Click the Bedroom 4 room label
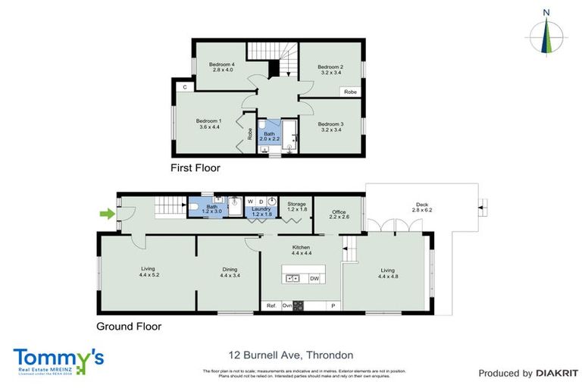coord(222,67)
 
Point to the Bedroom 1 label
coord(208,124)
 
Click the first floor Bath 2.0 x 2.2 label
coord(270,136)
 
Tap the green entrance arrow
coord(109,214)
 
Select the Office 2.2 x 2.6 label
coord(338,214)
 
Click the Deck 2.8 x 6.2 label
coord(421,208)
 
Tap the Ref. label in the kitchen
coord(271,305)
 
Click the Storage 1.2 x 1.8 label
coord(296,206)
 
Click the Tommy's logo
coord(58,359)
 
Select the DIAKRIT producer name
coord(558,373)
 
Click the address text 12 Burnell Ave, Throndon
coord(290,355)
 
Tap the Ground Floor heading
coord(128,327)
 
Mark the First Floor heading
coord(195,168)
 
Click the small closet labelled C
coord(184,86)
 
